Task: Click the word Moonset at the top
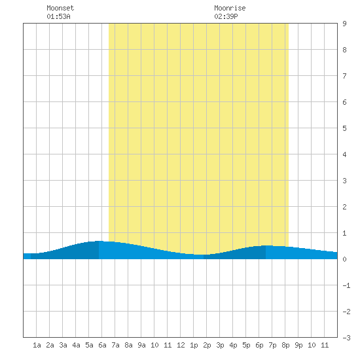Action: [x=60, y=8]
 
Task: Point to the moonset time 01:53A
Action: [x=58, y=16]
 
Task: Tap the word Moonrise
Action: [x=230, y=8]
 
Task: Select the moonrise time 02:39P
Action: [x=226, y=16]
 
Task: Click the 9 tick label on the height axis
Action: [x=344, y=24]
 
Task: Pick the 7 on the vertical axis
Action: [x=344, y=76]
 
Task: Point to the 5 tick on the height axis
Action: [x=344, y=128]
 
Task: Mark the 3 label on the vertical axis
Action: [x=344, y=181]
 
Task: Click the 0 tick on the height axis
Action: [x=344, y=259]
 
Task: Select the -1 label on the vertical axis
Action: [x=346, y=285]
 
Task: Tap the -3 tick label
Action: [x=346, y=338]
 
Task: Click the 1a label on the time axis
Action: [x=37, y=345]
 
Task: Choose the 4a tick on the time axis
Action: [x=76, y=345]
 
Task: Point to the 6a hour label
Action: [x=102, y=345]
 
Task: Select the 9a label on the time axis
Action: [x=141, y=345]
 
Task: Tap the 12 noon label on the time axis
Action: [x=181, y=345]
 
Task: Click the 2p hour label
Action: [x=207, y=345]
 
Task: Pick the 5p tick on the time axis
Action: [x=246, y=345]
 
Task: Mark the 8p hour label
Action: [x=285, y=345]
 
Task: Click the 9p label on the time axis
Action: [x=298, y=345]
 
